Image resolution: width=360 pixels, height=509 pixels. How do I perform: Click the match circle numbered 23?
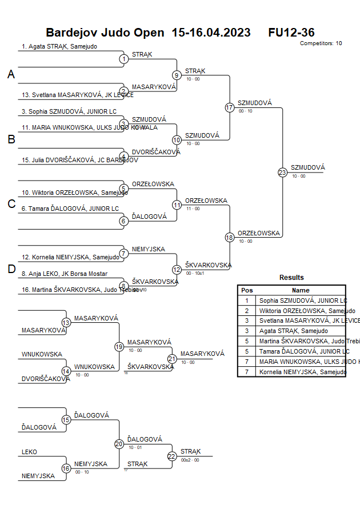tap(282, 172)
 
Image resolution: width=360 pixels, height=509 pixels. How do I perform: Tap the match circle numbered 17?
tap(230, 107)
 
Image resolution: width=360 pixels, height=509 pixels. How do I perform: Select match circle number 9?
tap(177, 75)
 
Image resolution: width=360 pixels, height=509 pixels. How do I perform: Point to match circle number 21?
tap(172, 359)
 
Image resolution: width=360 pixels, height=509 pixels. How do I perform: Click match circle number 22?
tap(172, 456)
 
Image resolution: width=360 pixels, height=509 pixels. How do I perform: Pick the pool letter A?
tap(11, 75)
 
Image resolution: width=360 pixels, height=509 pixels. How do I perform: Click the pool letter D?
tap(11, 269)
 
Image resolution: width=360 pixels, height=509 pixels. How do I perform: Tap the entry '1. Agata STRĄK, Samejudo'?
tap(59, 46)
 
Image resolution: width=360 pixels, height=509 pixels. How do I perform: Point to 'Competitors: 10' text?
tap(321, 43)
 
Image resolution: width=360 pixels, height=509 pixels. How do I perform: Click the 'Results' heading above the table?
tap(291, 278)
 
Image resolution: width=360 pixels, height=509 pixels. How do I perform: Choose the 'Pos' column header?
tap(247, 290)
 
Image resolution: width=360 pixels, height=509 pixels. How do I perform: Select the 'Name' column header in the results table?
tap(301, 290)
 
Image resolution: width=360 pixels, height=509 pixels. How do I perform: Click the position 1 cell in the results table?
tap(247, 300)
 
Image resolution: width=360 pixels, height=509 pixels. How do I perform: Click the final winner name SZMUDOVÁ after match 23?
tap(307, 167)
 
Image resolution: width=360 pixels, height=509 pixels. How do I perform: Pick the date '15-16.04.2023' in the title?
tap(211, 33)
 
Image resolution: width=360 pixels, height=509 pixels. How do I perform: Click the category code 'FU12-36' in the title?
tap(291, 33)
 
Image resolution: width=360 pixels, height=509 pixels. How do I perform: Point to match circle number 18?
tap(230, 237)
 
